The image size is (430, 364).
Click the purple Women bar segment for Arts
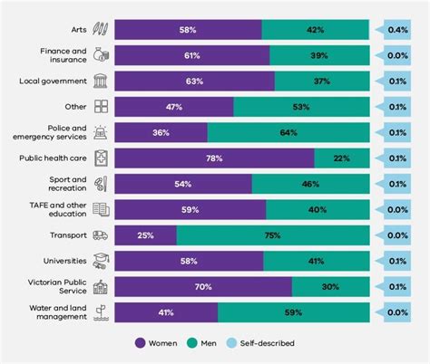(x=188, y=30)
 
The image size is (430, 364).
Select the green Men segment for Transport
(x=273, y=235)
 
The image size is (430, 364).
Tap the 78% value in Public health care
(x=215, y=158)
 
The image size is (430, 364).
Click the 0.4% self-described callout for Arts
(x=396, y=30)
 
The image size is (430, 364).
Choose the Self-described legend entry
(x=263, y=343)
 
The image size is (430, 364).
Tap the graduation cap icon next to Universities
(x=101, y=262)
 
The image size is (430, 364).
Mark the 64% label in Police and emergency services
(x=288, y=133)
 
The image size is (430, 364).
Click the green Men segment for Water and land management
(x=294, y=312)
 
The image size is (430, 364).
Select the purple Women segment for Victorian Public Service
(x=203, y=287)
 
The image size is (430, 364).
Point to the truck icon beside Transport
(x=101, y=235)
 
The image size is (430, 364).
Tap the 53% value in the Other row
(x=301, y=107)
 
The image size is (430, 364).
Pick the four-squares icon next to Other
(x=101, y=107)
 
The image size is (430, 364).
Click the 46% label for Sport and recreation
(x=309, y=184)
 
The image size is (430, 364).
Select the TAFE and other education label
(x=56, y=210)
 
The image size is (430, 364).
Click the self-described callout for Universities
(x=396, y=262)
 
